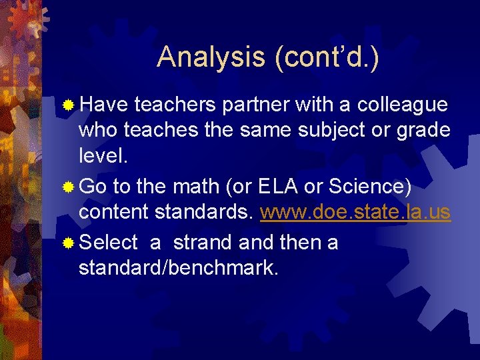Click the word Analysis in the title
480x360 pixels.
point(211,57)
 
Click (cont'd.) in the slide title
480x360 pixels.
point(326,57)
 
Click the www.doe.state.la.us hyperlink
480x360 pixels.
point(355,212)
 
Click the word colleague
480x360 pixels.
point(403,105)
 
